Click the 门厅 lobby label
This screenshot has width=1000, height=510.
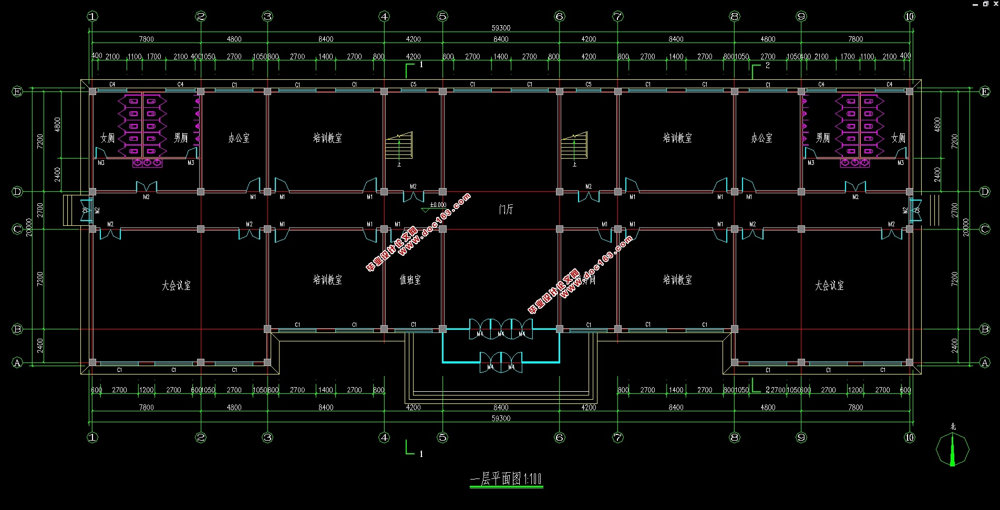click(x=506, y=210)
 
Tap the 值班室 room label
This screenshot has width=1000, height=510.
click(x=410, y=280)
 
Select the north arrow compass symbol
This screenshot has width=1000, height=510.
click(x=952, y=450)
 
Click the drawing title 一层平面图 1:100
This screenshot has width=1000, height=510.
click(x=506, y=479)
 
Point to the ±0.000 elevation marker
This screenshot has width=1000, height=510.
click(x=438, y=205)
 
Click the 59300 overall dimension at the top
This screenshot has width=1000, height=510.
click(x=501, y=28)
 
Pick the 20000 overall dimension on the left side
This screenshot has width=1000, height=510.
click(x=29, y=227)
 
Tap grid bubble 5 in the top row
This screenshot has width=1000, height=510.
click(x=442, y=16)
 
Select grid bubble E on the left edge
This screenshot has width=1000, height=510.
click(x=17, y=91)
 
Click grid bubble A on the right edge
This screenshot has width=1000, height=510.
click(x=985, y=362)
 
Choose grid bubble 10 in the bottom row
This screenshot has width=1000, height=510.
click(x=910, y=438)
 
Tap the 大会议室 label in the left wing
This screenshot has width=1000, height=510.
click(x=176, y=286)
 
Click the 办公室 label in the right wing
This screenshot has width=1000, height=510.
click(x=761, y=138)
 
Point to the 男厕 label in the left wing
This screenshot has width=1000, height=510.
click(x=181, y=138)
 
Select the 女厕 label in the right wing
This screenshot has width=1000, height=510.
click(x=898, y=138)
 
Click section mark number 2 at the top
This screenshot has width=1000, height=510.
click(x=768, y=66)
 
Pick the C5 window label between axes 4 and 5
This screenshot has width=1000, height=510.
click(x=414, y=84)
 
